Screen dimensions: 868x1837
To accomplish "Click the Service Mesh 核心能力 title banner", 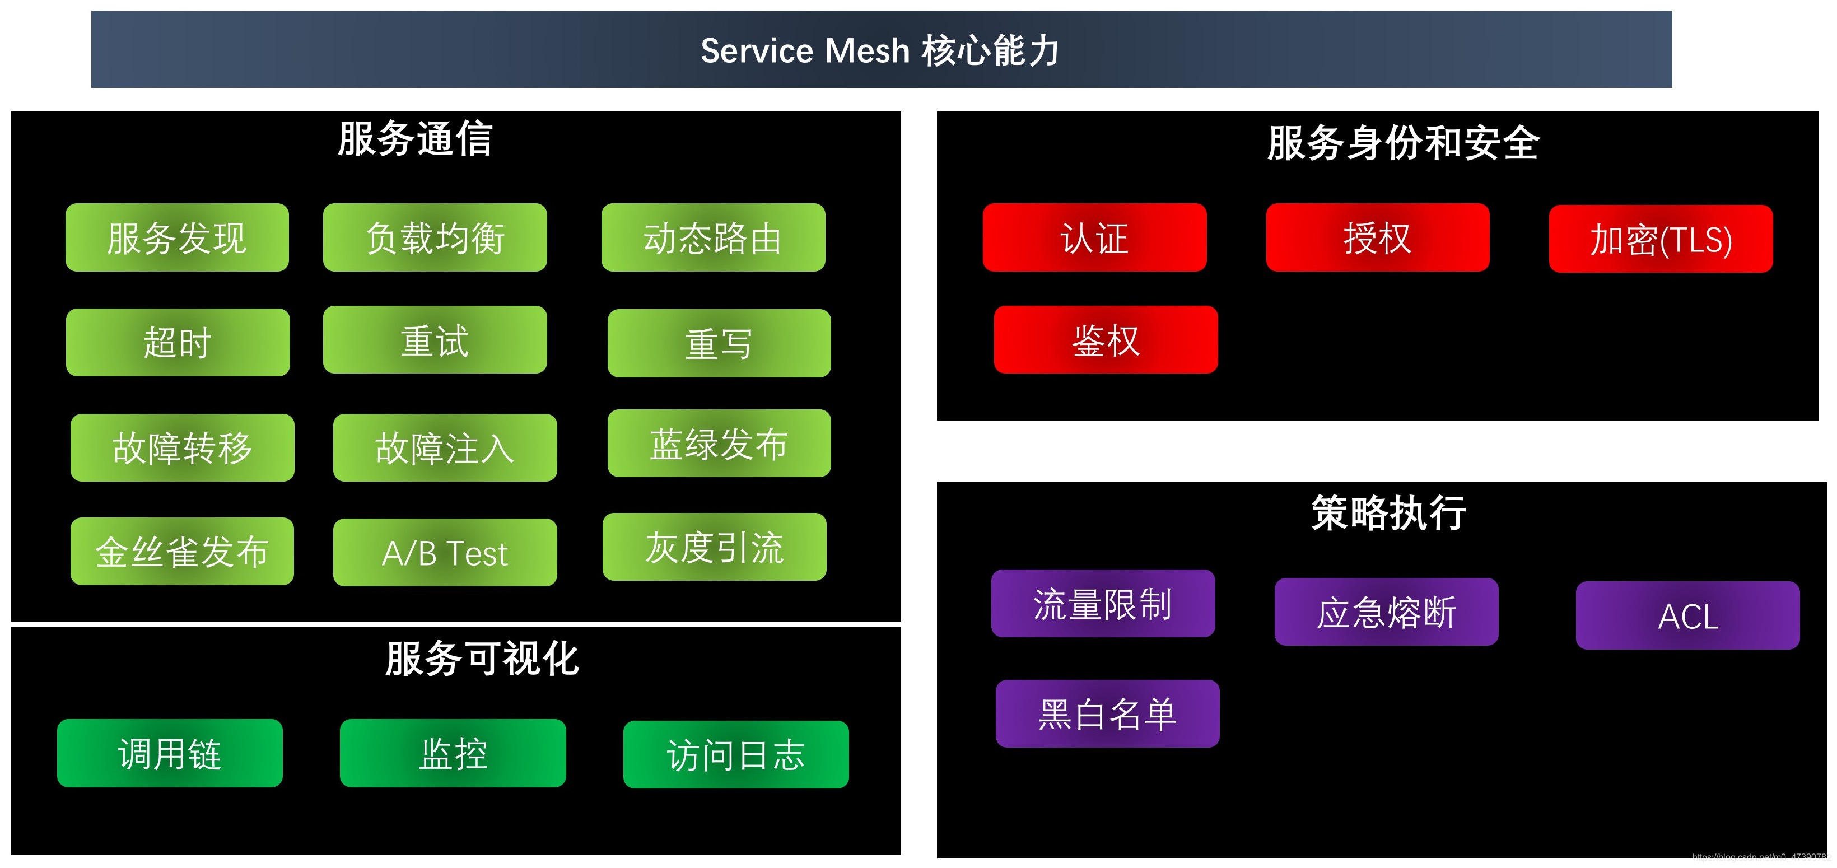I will [x=881, y=50].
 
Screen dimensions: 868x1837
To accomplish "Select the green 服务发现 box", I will [x=177, y=237].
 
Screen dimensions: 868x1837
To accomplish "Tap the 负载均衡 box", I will [x=435, y=237].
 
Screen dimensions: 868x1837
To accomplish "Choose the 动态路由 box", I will [x=713, y=237].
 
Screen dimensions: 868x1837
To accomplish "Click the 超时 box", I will [x=178, y=342].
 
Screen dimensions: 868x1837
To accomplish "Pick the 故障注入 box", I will [x=445, y=448].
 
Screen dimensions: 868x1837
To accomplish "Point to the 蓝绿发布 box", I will [x=719, y=444].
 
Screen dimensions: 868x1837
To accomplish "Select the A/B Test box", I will [x=445, y=553].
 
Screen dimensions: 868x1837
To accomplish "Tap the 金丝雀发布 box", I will [x=182, y=552].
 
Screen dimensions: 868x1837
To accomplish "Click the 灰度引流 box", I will [x=715, y=547].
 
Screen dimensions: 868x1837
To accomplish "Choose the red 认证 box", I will [x=1095, y=237].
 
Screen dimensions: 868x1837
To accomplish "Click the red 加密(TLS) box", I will [x=1661, y=239].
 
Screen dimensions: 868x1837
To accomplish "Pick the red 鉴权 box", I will [x=1106, y=339].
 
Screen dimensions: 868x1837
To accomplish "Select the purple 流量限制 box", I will [x=1103, y=603].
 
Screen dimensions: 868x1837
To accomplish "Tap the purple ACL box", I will [x=1688, y=615].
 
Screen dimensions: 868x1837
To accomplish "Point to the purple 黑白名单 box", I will [x=1107, y=714].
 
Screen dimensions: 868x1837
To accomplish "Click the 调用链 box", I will [x=170, y=753].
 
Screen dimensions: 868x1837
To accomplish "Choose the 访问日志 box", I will [x=736, y=754].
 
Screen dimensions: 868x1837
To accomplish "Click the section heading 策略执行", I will [x=1388, y=513].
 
